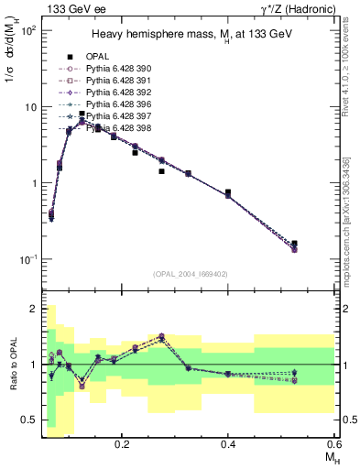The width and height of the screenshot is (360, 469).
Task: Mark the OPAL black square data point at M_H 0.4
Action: pyautogui.click(x=228, y=192)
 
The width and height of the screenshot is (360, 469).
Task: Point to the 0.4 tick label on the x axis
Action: pyautogui.click(x=228, y=442)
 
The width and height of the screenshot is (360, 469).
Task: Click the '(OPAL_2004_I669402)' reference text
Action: pyautogui.click(x=190, y=273)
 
